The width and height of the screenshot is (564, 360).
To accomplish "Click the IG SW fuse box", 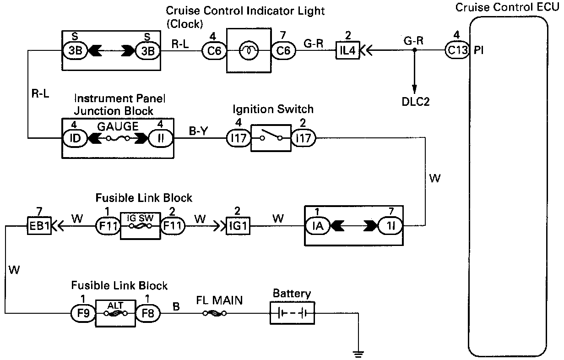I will point(140,225).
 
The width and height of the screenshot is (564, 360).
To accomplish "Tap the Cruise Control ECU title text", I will point(507,7).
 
